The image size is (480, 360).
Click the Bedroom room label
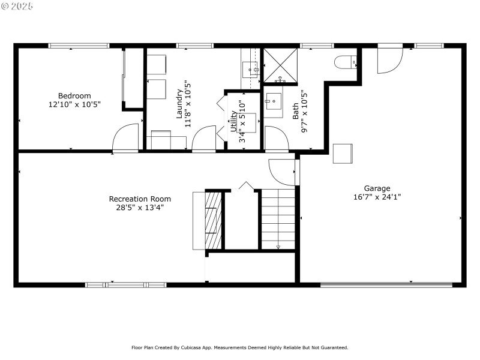pos(74,95)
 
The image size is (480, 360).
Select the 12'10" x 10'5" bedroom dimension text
pos(74,104)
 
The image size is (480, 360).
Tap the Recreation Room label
pos(140,199)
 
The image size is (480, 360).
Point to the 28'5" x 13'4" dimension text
pos(140,207)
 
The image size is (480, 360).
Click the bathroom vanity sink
pos(274,101)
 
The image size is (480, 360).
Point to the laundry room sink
pos(250,70)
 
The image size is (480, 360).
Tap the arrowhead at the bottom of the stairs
pos(278,246)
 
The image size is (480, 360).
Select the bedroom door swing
pos(127,138)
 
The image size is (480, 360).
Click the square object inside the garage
pos(343,153)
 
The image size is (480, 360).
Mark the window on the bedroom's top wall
pos(79,46)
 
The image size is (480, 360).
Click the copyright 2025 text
pos(17,6)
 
